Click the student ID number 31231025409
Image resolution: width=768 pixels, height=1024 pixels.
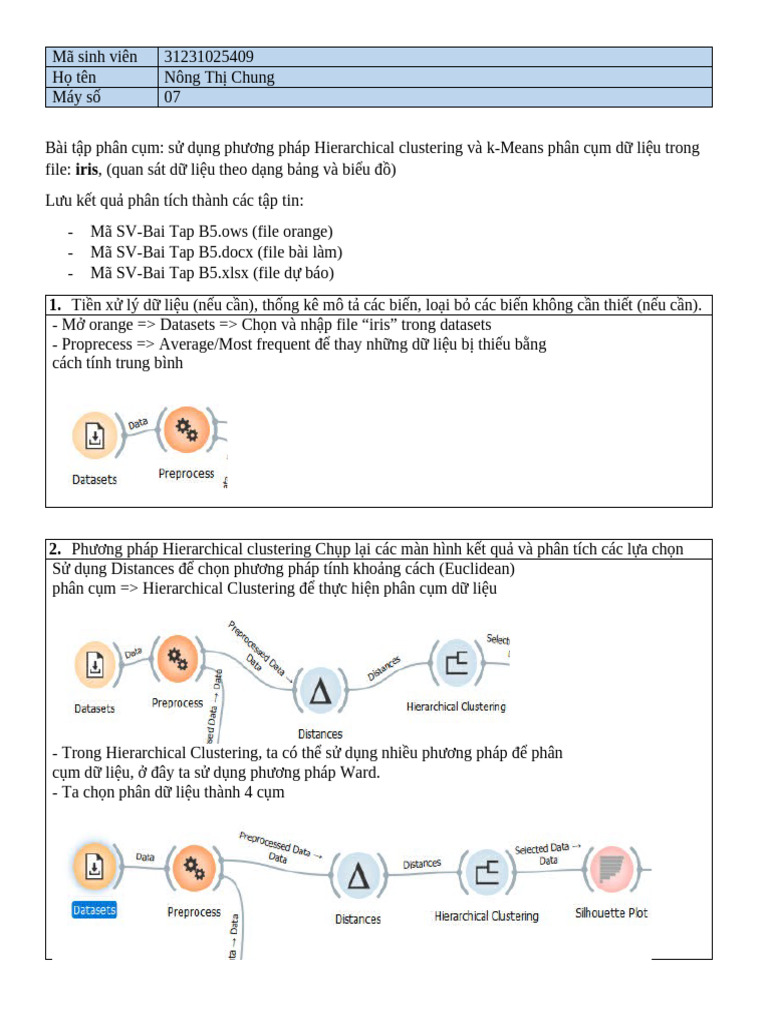coord(215,57)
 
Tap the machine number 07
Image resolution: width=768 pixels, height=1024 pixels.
coord(172,97)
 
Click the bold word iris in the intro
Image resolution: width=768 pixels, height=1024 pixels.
coord(87,169)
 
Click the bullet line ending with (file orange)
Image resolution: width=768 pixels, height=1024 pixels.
coord(211,232)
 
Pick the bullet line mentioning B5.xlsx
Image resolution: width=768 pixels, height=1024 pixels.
coord(212,272)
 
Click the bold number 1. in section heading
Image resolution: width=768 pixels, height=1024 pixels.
coord(56,304)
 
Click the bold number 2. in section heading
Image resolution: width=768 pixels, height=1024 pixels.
coord(56,549)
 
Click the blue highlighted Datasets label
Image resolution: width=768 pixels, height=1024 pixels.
coord(94,910)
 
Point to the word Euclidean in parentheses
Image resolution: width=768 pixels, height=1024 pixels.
coord(476,569)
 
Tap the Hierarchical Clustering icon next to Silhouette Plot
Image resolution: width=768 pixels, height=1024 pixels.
coord(486,872)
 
